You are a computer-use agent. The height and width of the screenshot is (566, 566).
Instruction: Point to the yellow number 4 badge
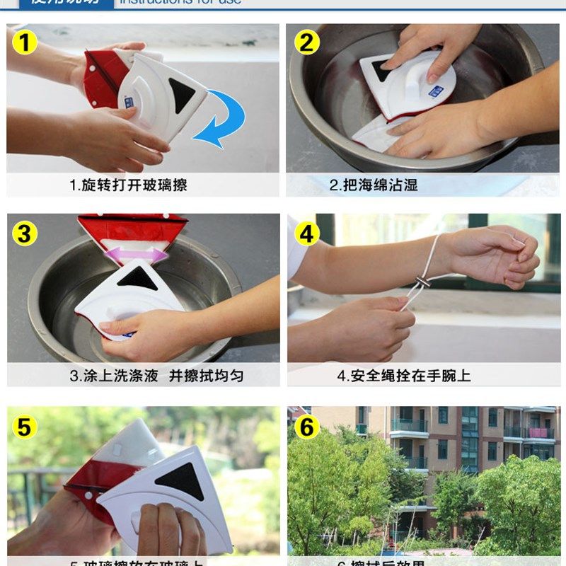point(306,233)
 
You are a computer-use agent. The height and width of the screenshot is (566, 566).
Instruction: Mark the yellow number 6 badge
point(306,427)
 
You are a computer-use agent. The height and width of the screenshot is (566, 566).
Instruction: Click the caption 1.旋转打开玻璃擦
point(128,185)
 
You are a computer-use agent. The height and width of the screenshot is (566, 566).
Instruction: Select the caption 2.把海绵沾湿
point(374,185)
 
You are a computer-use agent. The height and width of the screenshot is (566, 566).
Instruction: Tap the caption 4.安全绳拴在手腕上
point(404,376)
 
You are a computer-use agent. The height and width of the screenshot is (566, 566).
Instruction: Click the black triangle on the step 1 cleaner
point(183,94)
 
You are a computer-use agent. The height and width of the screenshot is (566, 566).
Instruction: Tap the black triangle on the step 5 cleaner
point(181,481)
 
